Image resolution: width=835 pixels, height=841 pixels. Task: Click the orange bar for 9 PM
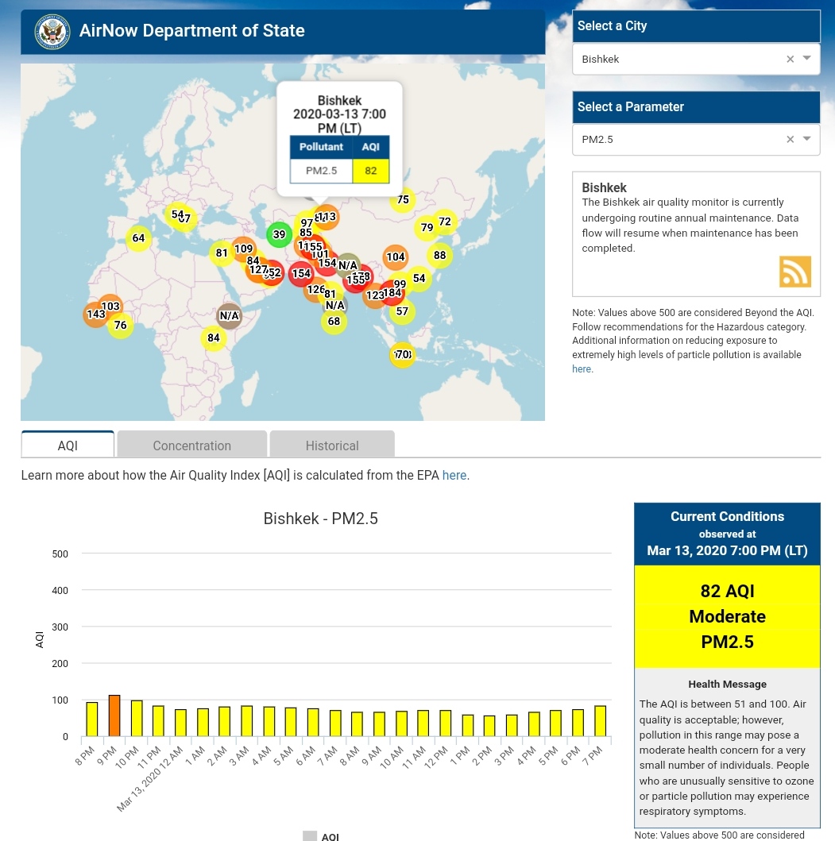(114, 716)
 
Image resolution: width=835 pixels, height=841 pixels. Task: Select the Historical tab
(332, 446)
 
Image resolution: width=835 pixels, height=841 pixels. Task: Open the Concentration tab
(191, 446)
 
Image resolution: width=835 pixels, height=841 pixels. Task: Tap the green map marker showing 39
(279, 234)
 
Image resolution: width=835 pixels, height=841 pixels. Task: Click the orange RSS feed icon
(794, 272)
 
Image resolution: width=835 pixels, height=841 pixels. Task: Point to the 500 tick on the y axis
(60, 554)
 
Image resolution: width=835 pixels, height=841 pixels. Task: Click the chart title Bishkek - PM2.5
(320, 519)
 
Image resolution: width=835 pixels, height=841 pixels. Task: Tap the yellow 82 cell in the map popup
(370, 171)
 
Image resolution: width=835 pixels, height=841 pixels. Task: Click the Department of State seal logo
(52, 32)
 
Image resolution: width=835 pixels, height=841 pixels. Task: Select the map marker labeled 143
(96, 314)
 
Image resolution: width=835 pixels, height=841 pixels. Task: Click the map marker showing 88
(439, 256)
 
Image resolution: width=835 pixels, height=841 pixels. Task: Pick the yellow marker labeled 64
(138, 238)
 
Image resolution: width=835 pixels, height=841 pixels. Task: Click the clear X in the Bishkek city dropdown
(790, 60)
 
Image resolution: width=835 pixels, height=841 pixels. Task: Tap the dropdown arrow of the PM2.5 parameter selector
(806, 139)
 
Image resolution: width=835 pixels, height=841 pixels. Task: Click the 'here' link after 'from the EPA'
(454, 476)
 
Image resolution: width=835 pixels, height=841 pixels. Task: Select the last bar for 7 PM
(600, 721)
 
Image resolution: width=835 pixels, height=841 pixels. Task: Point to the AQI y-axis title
(40, 639)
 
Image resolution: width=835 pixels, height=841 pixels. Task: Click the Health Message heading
(726, 685)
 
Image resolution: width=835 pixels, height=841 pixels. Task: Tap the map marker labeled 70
(403, 354)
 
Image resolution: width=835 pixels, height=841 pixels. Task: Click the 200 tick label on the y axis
(60, 664)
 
